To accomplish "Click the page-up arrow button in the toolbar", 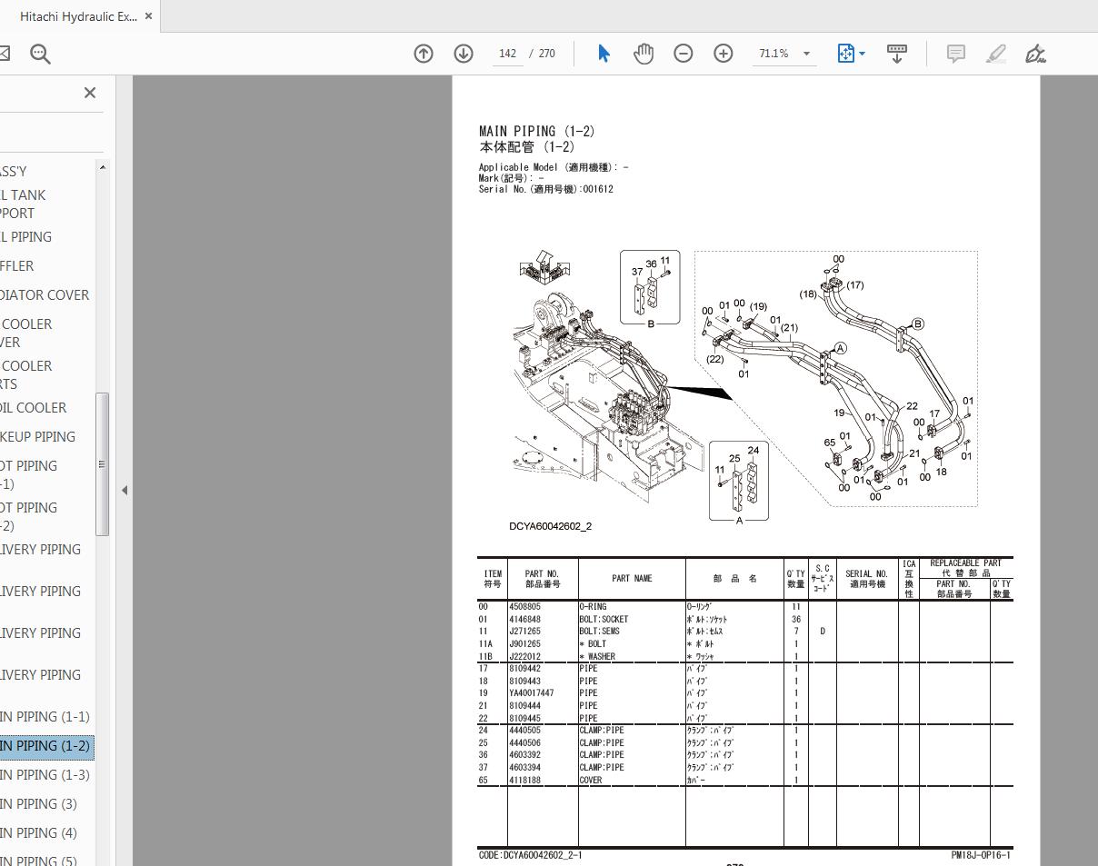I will tap(424, 54).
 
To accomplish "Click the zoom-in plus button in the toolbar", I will tap(723, 54).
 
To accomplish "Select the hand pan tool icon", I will tap(644, 54).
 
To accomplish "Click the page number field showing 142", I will tap(507, 54).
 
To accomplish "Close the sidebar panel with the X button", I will tap(90, 93).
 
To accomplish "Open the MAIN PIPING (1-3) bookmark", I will tap(45, 774).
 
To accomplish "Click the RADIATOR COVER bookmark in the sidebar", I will tap(45, 294).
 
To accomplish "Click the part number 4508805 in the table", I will tap(524, 607).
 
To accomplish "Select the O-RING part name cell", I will tap(593, 607).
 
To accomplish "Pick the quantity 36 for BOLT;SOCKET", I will tap(795, 620).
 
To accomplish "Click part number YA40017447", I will tap(531, 693).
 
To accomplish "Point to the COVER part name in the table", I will tap(591, 780).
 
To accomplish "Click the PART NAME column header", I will tap(632, 579).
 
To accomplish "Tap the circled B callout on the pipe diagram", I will tap(917, 324).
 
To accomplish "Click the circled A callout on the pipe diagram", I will tap(841, 348).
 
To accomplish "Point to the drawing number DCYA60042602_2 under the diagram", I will tap(550, 526).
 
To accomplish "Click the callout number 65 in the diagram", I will tap(829, 443).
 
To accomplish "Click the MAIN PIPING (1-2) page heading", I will tap(536, 132).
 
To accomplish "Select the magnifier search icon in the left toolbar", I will tap(40, 54).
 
